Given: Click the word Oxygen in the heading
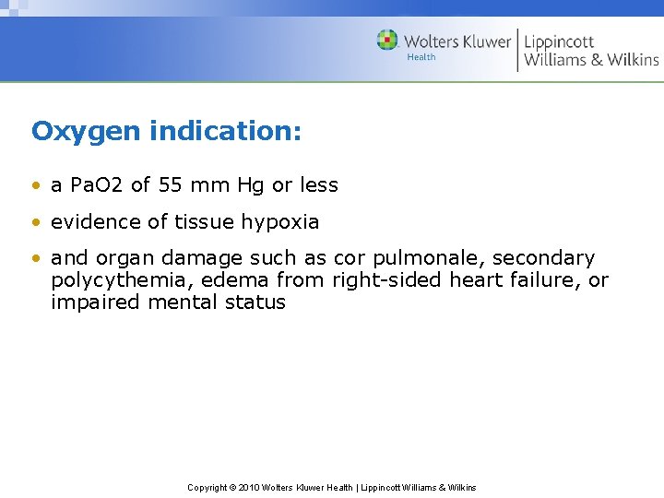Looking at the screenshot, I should [x=87, y=132].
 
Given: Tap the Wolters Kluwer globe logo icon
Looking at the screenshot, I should [x=387, y=41].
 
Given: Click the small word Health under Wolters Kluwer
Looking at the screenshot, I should [x=421, y=57].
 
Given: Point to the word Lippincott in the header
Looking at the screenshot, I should [x=559, y=41].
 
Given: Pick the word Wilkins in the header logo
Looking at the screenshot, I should [x=631, y=60].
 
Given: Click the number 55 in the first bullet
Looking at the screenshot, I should [x=170, y=185].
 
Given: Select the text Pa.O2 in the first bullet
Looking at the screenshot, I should [x=98, y=185].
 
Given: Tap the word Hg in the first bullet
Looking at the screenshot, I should [x=250, y=185].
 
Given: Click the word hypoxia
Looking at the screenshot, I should [x=280, y=222].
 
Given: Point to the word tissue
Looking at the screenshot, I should [x=205, y=222].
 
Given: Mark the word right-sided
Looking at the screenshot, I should [x=387, y=280].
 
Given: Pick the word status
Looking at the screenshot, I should [x=255, y=302].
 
